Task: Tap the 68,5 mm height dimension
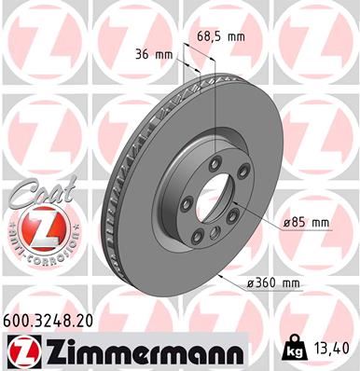pyautogui.click(x=220, y=37)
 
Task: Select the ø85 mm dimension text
pyautogui.click(x=309, y=223)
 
